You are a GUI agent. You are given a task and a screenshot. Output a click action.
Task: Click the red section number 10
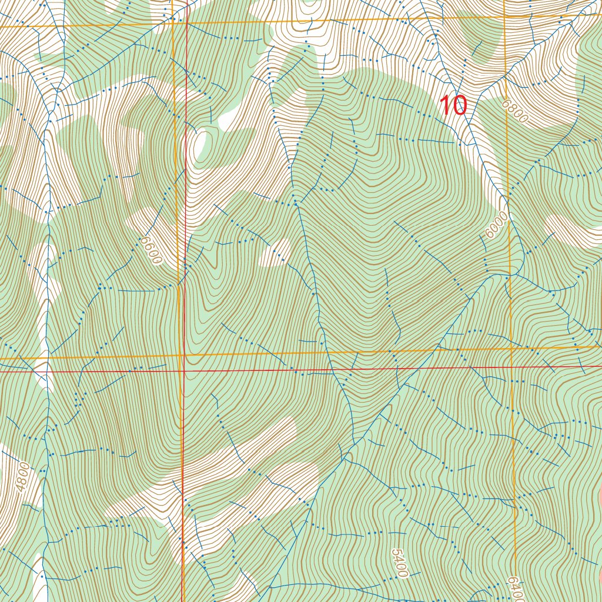pyautogui.click(x=453, y=106)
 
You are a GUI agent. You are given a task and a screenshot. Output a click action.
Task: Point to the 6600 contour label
pyautogui.click(x=150, y=250)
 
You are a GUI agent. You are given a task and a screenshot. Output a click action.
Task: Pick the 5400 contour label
pyautogui.click(x=399, y=563)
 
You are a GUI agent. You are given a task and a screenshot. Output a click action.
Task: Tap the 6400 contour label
pyautogui.click(x=513, y=588)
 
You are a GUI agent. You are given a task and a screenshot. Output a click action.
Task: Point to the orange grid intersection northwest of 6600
pyautogui.click(x=174, y=23)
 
